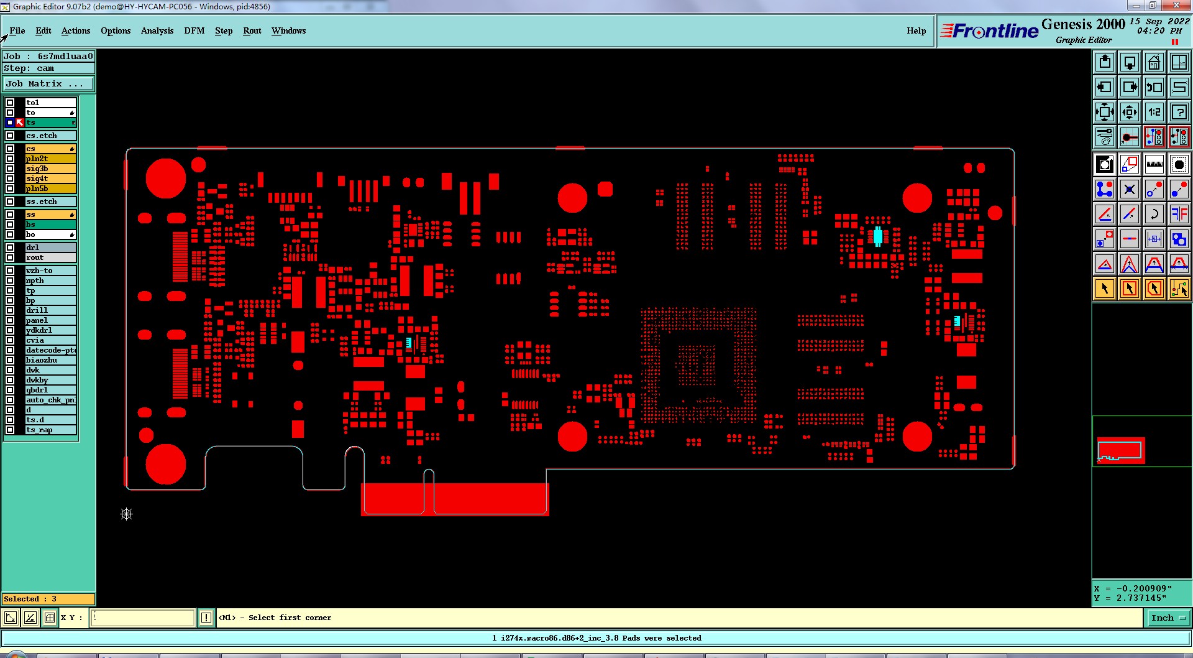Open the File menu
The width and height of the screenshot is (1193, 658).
[x=17, y=30]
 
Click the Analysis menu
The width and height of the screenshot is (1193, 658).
[x=157, y=30]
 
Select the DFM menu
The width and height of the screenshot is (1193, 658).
[x=194, y=30]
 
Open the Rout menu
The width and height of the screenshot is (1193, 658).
[x=252, y=30]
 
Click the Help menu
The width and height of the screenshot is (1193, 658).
[x=916, y=30]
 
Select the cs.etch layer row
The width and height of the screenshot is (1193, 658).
[x=50, y=136]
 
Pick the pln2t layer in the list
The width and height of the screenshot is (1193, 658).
[x=50, y=159]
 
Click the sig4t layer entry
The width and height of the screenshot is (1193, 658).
[x=50, y=178]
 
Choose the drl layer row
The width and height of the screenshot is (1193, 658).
[x=50, y=248]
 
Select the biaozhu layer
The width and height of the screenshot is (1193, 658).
[x=50, y=360]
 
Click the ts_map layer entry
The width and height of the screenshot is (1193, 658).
[x=50, y=430]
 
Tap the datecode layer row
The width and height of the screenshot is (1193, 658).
[x=50, y=350]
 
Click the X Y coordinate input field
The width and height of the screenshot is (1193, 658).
[x=143, y=618]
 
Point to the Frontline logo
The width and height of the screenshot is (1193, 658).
[x=989, y=30]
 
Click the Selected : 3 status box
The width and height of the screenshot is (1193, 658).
[x=48, y=599]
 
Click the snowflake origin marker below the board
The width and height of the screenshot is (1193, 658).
[x=127, y=514]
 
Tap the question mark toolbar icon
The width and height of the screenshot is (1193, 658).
[x=1179, y=113]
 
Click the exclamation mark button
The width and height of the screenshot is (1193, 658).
[x=206, y=618]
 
